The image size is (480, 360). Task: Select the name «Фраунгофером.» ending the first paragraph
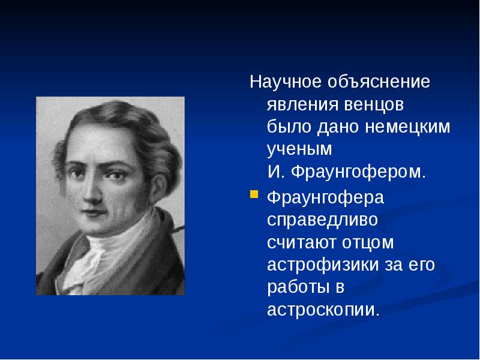(x=358, y=173)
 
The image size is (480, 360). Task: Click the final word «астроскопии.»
(x=323, y=310)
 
